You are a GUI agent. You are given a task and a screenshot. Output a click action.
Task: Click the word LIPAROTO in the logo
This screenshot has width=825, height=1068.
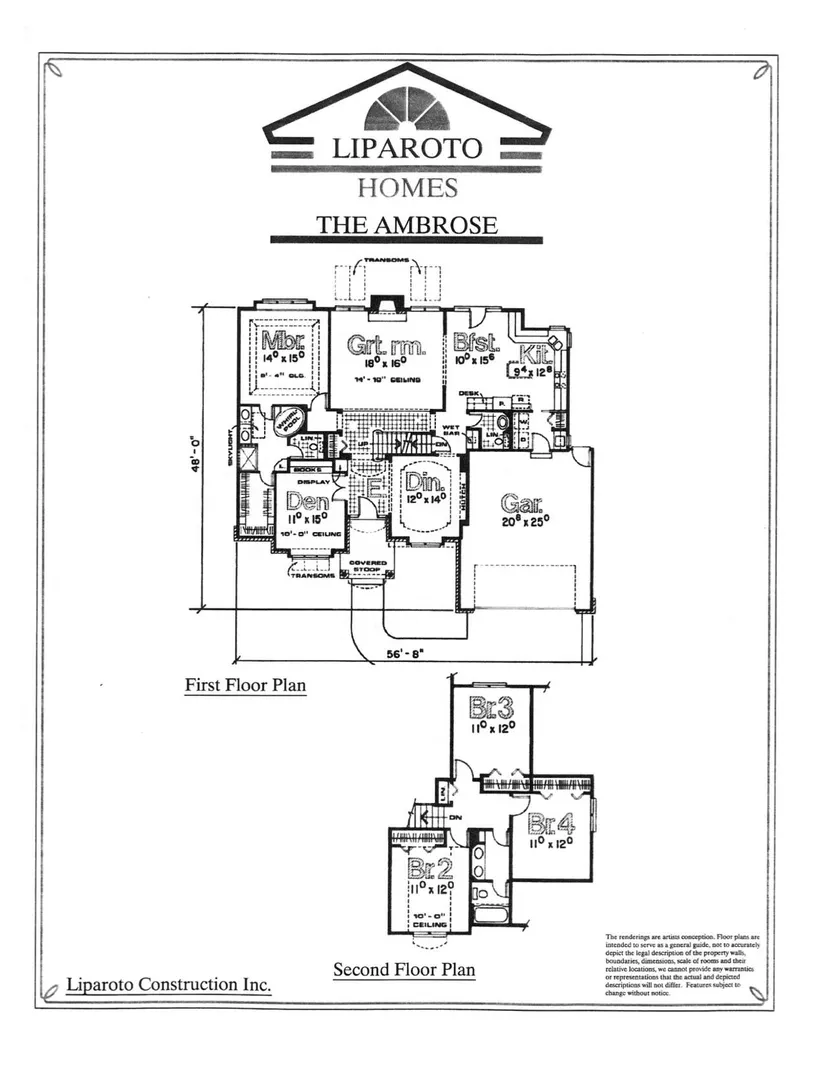[x=407, y=149]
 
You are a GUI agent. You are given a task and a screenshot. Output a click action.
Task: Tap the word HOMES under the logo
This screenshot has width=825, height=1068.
[x=407, y=187]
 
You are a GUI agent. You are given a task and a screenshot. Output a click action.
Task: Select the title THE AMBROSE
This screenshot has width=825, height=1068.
[x=407, y=224]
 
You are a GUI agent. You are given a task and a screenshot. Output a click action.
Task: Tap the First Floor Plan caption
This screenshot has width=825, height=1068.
[x=245, y=686]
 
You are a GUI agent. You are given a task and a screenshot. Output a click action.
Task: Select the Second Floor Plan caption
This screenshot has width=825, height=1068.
[x=404, y=969]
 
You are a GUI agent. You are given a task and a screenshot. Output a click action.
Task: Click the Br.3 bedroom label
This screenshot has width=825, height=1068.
[x=491, y=710]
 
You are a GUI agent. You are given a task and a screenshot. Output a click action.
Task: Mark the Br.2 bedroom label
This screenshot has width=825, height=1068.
[x=432, y=868]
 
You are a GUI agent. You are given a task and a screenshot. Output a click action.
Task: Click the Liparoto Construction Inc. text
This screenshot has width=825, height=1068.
[x=169, y=985]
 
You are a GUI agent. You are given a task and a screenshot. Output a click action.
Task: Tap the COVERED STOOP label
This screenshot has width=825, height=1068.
[x=362, y=567]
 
